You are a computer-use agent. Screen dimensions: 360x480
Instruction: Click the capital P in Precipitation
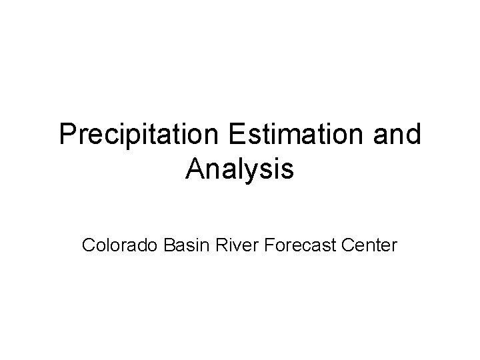[x=67, y=135]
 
